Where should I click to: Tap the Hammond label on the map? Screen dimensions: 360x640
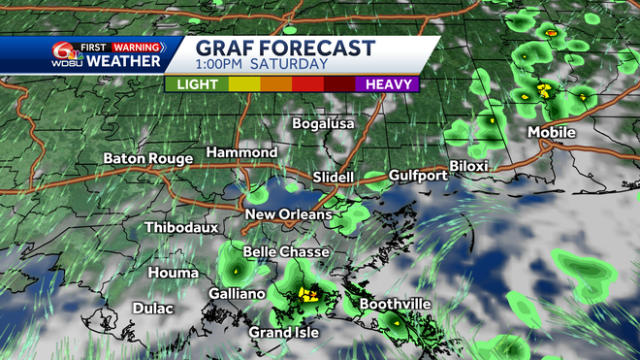coord(241,153)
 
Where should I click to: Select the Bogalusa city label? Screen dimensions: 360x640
coord(324,124)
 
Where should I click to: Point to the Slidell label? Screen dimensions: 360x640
coord(335,178)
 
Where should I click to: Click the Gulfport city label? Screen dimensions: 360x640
coord(418,176)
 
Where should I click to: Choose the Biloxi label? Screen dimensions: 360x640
coord(468,166)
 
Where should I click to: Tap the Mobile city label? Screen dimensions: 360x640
coord(552,132)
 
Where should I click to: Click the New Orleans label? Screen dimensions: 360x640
coord(288,214)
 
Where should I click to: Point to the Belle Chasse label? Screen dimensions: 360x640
coord(286,252)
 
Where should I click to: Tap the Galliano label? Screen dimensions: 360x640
coord(237,293)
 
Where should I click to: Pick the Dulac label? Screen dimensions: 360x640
coord(152,309)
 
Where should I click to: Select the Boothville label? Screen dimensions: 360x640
coord(395,305)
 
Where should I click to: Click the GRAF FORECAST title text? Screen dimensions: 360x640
coord(285,48)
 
